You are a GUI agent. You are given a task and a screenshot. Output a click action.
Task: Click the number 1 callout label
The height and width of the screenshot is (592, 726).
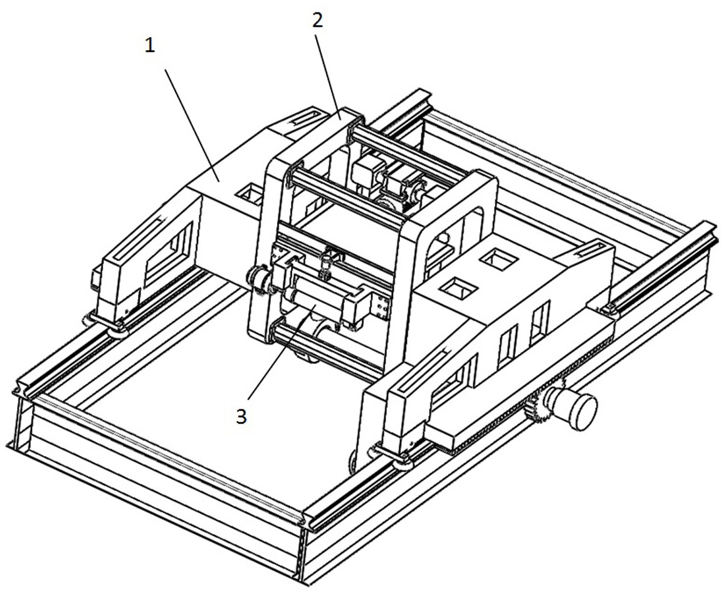[150, 46]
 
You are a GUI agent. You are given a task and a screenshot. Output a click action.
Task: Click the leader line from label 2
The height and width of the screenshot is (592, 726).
[329, 77]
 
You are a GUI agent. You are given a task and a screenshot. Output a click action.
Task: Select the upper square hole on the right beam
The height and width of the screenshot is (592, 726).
[499, 259]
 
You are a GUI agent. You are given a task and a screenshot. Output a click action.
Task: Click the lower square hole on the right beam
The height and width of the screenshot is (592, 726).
[458, 288]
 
